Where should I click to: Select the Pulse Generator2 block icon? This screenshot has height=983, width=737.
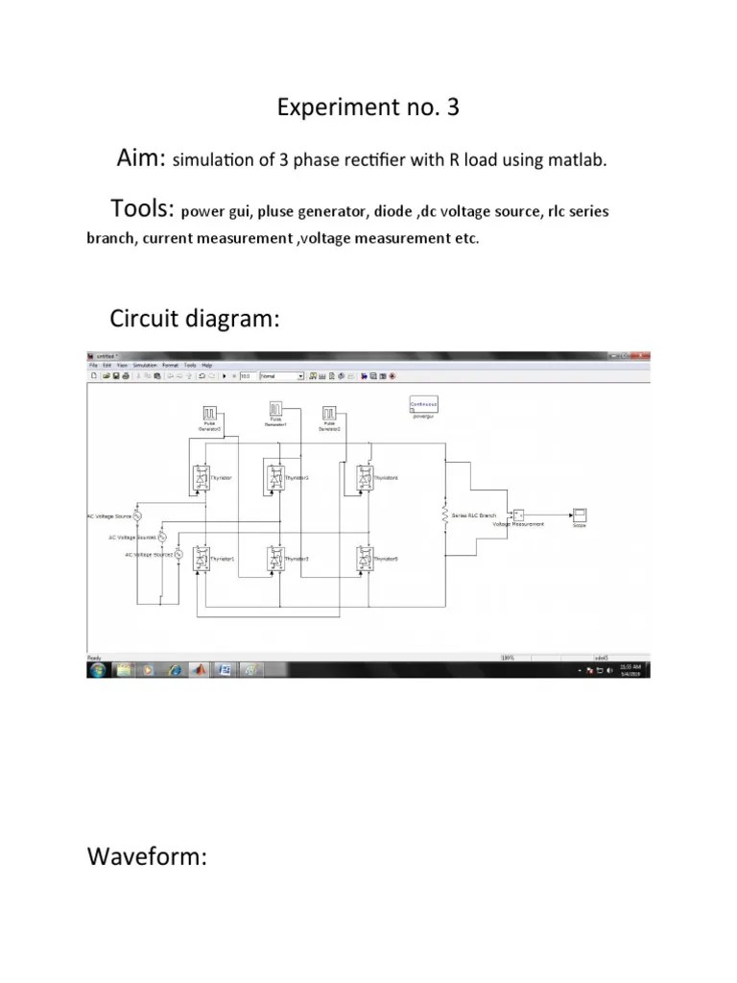point(330,413)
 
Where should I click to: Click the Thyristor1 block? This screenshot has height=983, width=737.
point(202,558)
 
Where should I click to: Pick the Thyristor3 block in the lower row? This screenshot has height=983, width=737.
point(275,559)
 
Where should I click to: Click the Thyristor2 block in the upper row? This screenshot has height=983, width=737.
point(275,478)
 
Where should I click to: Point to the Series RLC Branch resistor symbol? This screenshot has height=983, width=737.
point(445,515)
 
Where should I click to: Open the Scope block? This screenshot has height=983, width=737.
point(580,515)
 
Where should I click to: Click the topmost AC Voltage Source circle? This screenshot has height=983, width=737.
point(136,515)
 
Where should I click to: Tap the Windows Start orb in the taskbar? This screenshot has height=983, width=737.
point(97,669)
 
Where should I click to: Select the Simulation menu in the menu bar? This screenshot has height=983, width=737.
point(145,366)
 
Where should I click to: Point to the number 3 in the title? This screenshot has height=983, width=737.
point(452,108)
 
